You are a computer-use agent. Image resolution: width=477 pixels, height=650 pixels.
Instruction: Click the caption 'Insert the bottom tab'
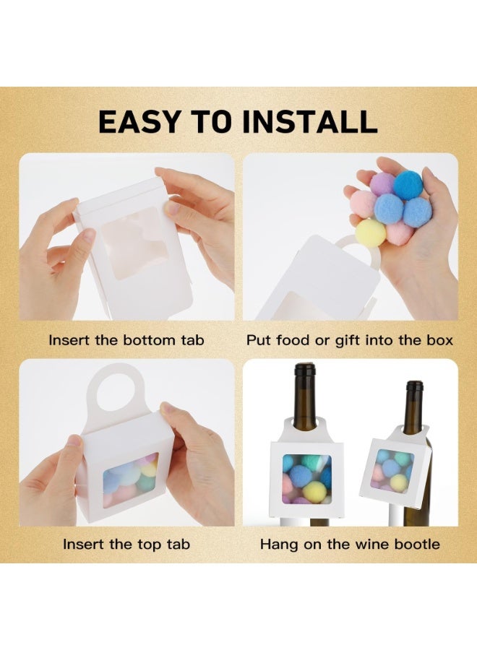[126, 339]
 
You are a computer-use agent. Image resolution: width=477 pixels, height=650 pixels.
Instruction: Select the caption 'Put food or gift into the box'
[350, 339]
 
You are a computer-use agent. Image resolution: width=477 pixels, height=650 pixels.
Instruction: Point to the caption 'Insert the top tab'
[126, 544]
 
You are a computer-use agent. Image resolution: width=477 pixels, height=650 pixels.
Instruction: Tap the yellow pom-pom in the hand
[371, 233]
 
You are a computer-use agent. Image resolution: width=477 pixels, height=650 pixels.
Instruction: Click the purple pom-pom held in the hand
[382, 183]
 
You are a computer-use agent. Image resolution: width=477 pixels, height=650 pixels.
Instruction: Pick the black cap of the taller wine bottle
[305, 370]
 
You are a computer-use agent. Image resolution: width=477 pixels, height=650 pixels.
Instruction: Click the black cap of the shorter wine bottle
[413, 386]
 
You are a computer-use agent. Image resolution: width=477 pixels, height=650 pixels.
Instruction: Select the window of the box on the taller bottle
[305, 478]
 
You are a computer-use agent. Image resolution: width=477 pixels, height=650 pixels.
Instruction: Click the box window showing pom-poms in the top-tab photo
[131, 479]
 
